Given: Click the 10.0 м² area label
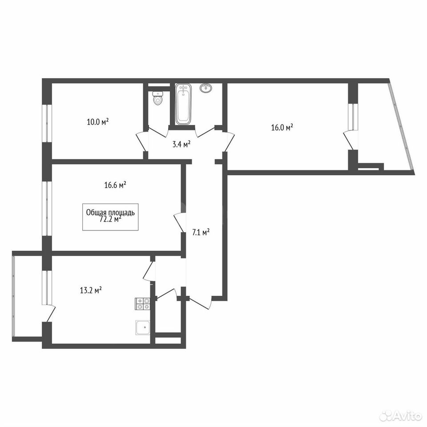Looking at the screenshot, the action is point(98,121).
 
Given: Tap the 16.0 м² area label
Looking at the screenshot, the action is point(282,128).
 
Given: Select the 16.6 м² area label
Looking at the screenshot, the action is point(115,185).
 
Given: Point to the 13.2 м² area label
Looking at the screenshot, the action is point(91,290).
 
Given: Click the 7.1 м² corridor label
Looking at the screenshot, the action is point(201,232).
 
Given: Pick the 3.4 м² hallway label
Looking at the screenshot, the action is point(181,144).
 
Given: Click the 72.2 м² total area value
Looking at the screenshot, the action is point(111,219).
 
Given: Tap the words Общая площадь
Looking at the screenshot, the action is point(110,213).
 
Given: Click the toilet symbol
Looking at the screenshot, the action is point(157,98).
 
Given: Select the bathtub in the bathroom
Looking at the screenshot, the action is point(183,104).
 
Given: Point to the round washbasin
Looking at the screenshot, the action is point(206,88).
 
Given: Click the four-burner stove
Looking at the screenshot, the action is point(143,304).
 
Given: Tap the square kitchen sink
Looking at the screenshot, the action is point(143,327).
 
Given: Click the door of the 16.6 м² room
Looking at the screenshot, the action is point(179,222).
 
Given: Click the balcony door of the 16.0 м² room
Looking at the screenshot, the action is point(350,140).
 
